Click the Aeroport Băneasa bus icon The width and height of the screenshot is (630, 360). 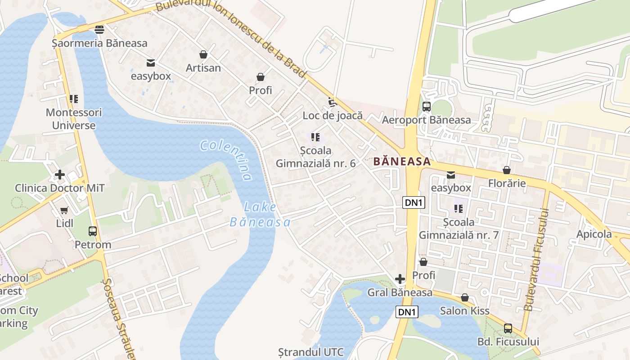coord(426,107)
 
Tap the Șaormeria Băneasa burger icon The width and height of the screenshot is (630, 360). coord(99,30)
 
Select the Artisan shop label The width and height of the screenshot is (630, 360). coord(203,68)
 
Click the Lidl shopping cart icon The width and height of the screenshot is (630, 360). coord(64,210)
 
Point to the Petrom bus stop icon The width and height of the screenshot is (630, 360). coord(92,231)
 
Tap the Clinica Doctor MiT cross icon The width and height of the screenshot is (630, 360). coord(59,174)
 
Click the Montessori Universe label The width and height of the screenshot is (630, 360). coord(74,119)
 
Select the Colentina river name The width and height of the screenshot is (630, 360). coord(226,159)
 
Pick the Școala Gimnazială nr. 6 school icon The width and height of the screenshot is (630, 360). coord(315,137)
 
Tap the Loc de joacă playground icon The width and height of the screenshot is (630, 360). coord(332,102)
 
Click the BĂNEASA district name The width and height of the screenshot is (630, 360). coord(402,162)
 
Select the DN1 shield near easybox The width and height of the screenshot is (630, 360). coord(414,202)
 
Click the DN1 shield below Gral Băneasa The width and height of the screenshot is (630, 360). coord(407,312)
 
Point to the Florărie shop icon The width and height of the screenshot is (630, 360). coord(507,170)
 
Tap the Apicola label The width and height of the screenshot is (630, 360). coord(594,234)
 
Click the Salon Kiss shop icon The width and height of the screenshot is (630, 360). coord(465,297)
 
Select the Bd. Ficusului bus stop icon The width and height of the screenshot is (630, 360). coord(508,328)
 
